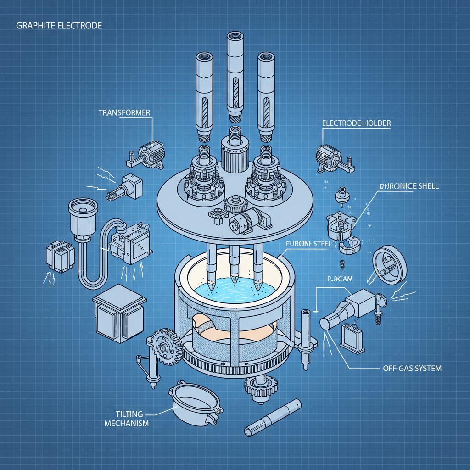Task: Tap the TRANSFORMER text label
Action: coord(124,112)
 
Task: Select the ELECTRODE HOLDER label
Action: coord(357,123)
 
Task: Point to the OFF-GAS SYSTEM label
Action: coord(412,369)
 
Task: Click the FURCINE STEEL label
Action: coord(308,245)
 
